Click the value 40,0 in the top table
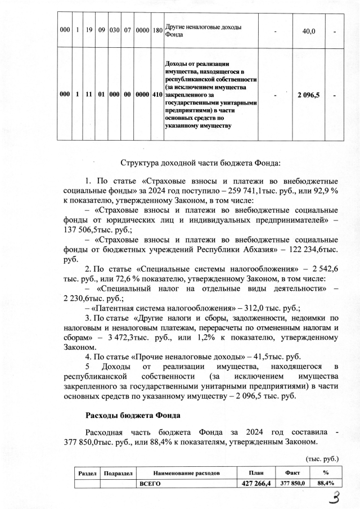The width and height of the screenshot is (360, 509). [308, 31]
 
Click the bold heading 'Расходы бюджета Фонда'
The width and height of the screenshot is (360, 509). [132, 416]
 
